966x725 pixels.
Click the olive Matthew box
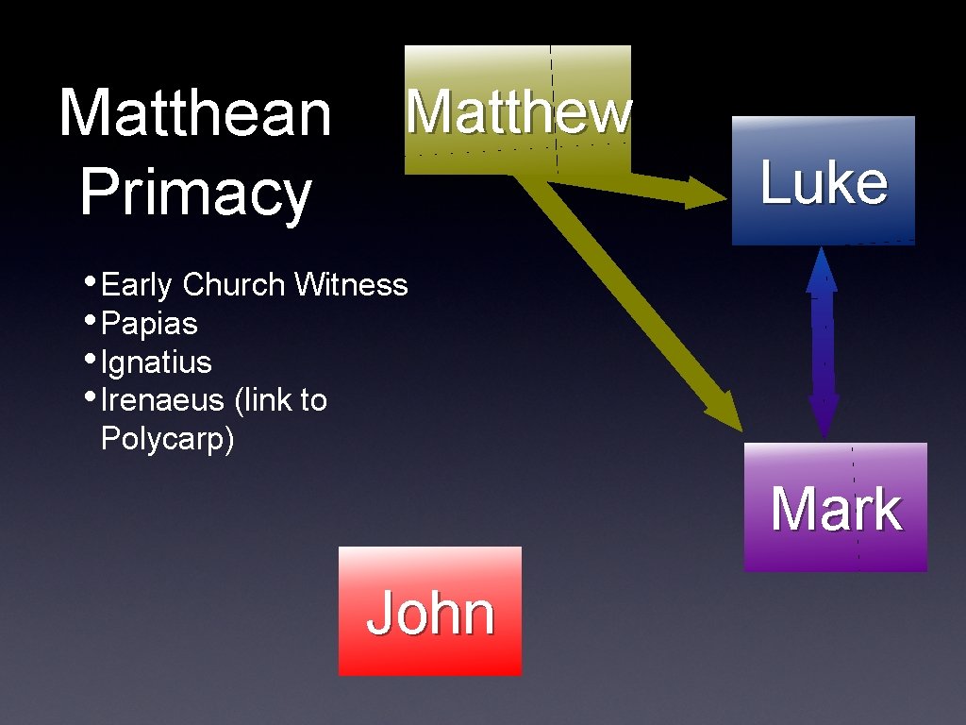tap(517, 110)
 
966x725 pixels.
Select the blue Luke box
tap(823, 180)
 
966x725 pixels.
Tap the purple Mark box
tap(835, 507)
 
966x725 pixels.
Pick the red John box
tap(430, 611)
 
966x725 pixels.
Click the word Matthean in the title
tap(195, 112)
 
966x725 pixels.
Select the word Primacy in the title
tap(195, 192)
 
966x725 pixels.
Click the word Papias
tap(149, 324)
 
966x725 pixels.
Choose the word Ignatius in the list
tap(156, 362)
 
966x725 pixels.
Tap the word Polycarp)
tap(167, 439)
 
